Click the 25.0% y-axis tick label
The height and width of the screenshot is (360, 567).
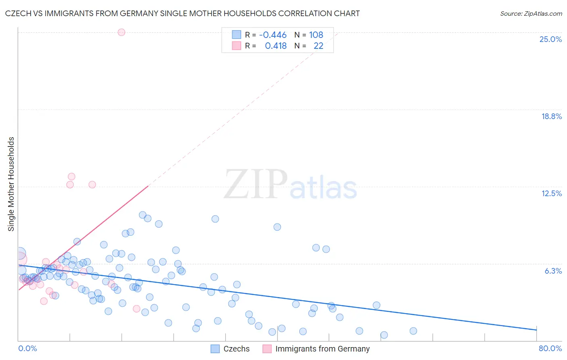pos(550,39)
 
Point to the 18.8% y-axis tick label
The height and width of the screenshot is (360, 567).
pos(551,116)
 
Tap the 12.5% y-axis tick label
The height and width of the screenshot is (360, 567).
pos(551,193)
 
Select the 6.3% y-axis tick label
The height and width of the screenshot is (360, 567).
pos(553,271)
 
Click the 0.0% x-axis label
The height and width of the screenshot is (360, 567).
pos(27,348)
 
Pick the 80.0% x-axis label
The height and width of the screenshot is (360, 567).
pos(550,348)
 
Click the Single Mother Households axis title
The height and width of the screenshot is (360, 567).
pos(11,184)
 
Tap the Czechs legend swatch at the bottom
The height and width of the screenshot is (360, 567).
pos(215,349)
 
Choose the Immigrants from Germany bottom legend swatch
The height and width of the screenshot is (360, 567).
pos(267,349)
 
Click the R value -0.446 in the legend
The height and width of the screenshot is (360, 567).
pos(273,35)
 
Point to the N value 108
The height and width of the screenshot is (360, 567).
pos(316,35)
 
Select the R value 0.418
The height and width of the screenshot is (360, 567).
pos(275,46)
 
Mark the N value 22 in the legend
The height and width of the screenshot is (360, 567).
pos(318,46)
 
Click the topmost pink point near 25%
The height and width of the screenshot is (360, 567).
pos(121,32)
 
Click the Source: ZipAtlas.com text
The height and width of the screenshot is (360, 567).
pos(531,13)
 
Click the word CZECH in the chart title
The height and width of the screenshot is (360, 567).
pos(17,13)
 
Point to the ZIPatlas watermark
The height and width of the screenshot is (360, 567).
pos(290,185)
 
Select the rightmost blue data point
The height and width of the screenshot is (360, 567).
pos(413,331)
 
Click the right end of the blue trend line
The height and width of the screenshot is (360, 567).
pos(536,330)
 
